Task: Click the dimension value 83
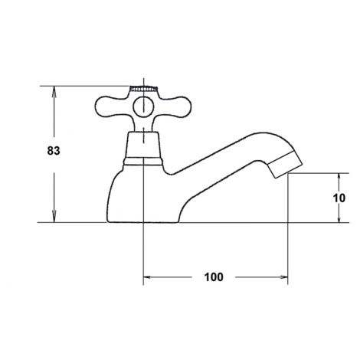(54, 151)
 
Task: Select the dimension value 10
(339, 198)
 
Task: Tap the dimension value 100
(214, 277)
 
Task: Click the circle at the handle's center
(143, 107)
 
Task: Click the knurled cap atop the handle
(143, 89)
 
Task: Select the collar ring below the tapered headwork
(143, 161)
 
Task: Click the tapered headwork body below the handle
(143, 144)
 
